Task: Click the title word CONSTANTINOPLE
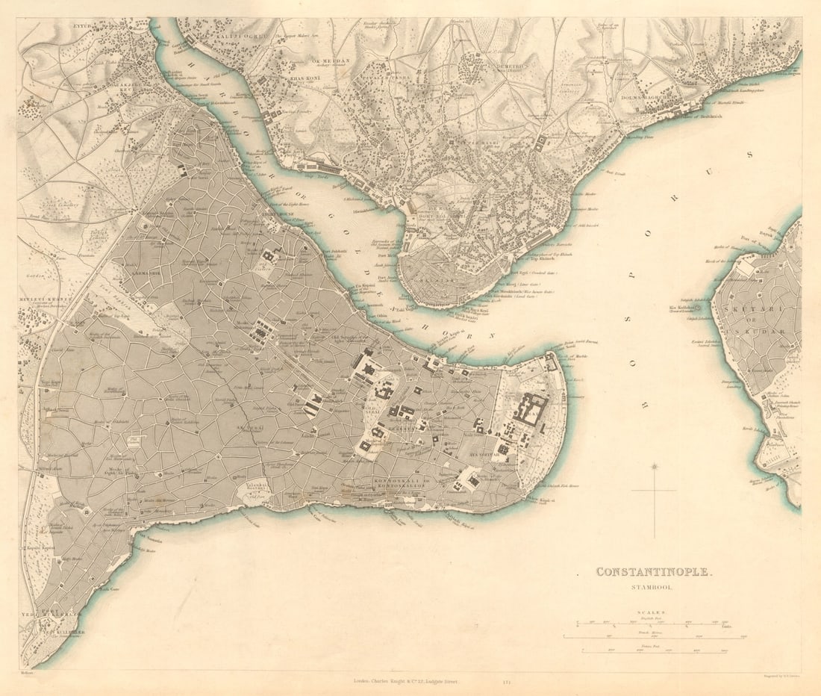point(654,572)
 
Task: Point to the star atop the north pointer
point(655,467)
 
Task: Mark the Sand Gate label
point(105,588)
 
